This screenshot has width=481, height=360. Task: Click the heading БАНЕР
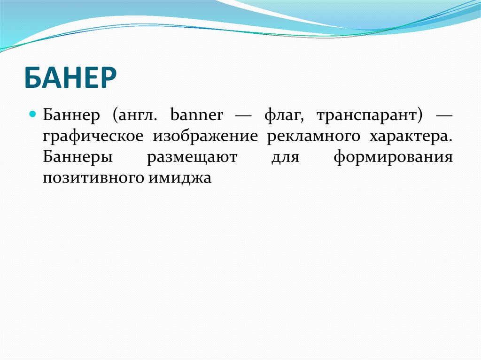[70, 79]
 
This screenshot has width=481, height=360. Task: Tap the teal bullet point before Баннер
[33, 114]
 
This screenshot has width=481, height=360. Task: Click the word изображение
[205, 137]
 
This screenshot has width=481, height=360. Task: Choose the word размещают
[192, 157]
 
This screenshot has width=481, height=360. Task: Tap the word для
[285, 158]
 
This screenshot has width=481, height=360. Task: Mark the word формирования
[393, 158]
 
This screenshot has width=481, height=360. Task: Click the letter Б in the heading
[33, 79]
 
